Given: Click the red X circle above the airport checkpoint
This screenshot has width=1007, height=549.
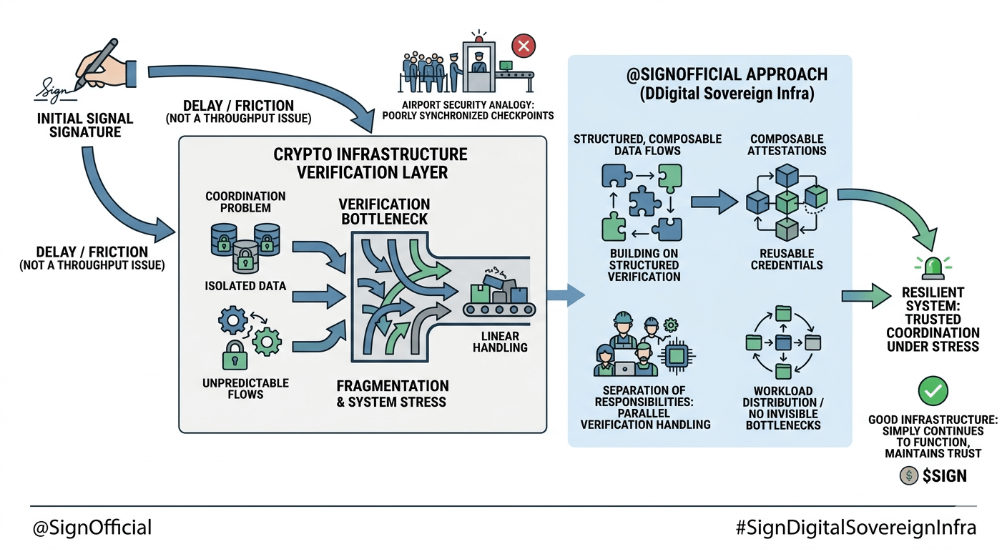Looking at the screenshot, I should tap(524, 47).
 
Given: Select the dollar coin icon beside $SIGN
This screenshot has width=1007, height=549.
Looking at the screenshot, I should tap(909, 475).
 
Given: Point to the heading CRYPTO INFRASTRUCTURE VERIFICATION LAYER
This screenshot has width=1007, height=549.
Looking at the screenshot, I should tap(370, 163).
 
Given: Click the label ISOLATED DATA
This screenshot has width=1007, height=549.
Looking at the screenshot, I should tap(245, 286).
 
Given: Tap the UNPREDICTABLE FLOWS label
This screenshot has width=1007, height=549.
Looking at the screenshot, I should tap(245, 388).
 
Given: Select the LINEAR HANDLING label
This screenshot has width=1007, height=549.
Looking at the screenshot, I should tap(500, 342).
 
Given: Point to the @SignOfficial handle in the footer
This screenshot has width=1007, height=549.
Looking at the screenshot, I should tap(92, 528).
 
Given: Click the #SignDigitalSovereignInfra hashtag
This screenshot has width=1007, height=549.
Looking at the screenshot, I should tap(855, 528).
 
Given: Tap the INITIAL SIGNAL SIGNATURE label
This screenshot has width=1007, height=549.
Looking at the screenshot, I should tap(85, 125).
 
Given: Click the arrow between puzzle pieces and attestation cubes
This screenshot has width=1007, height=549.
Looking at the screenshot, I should tap(713, 202).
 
